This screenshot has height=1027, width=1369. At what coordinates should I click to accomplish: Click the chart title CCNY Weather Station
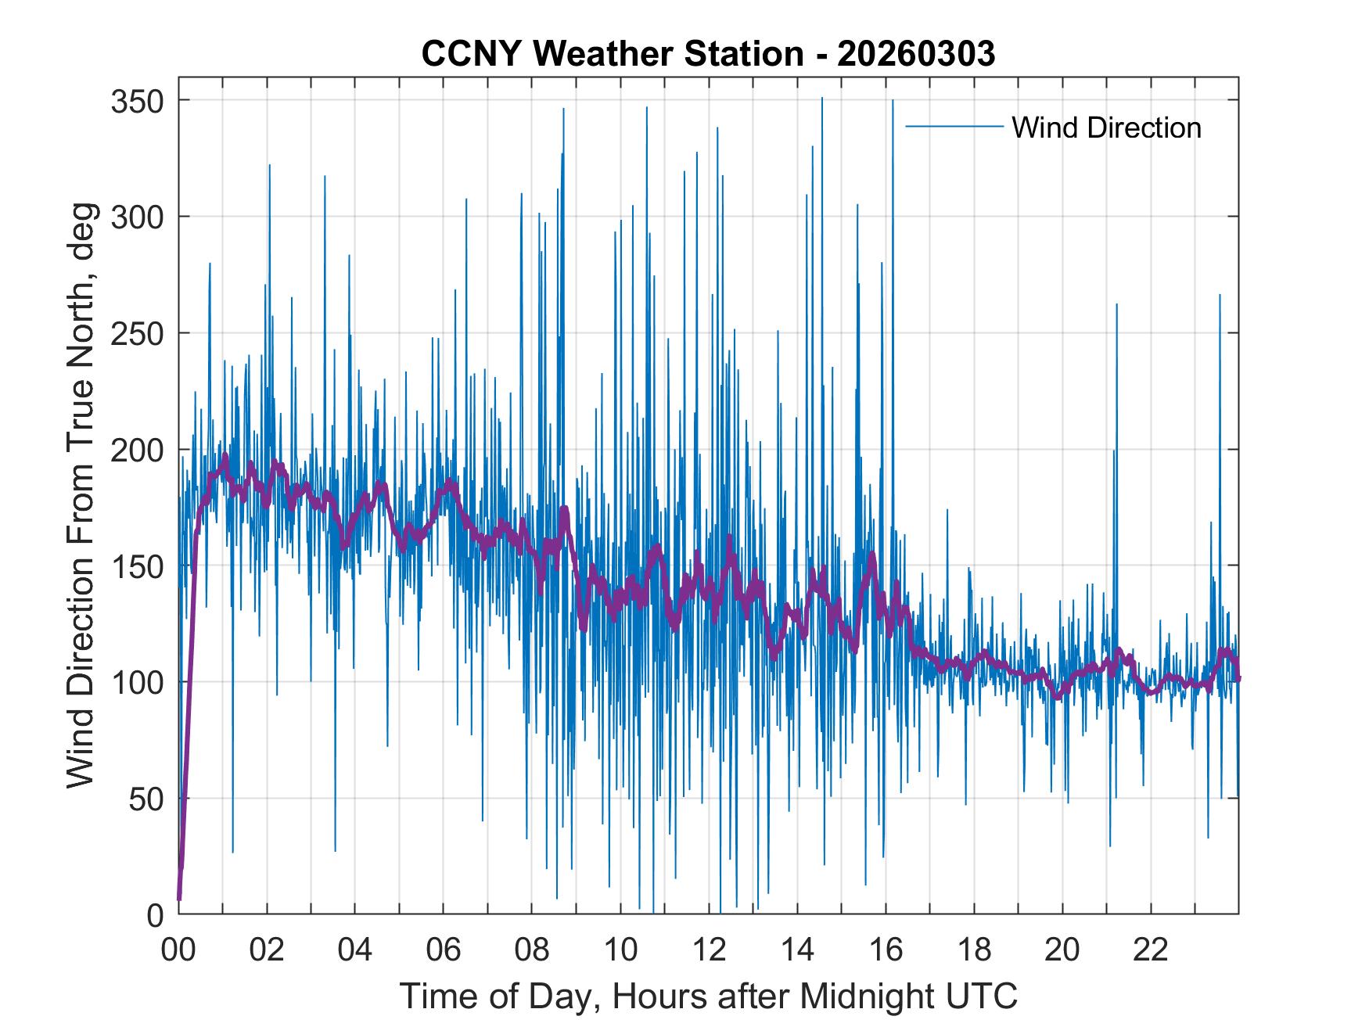pos(612,54)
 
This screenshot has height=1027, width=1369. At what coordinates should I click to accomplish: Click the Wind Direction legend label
pos(1106,127)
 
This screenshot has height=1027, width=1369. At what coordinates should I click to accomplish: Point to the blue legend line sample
pos(954,126)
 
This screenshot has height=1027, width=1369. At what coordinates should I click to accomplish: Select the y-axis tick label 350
pos(137,101)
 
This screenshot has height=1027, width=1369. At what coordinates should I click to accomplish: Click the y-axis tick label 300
pos(137,217)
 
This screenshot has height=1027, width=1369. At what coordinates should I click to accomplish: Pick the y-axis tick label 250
pos(137,333)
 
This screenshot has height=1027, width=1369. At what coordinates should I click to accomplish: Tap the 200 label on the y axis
pos(137,450)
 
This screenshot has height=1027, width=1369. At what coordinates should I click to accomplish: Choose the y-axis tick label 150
pos(137,566)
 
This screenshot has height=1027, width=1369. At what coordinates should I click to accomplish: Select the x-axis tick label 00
pos(178,950)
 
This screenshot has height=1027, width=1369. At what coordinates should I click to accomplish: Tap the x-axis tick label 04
pos(355,950)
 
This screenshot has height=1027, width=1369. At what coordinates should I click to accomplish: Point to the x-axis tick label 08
pos(532,950)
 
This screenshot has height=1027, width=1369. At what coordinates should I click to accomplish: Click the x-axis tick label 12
pos(709,950)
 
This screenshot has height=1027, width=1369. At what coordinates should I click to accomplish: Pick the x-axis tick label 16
pos(886,950)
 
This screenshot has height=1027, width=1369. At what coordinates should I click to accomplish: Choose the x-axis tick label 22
pos(1151,950)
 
